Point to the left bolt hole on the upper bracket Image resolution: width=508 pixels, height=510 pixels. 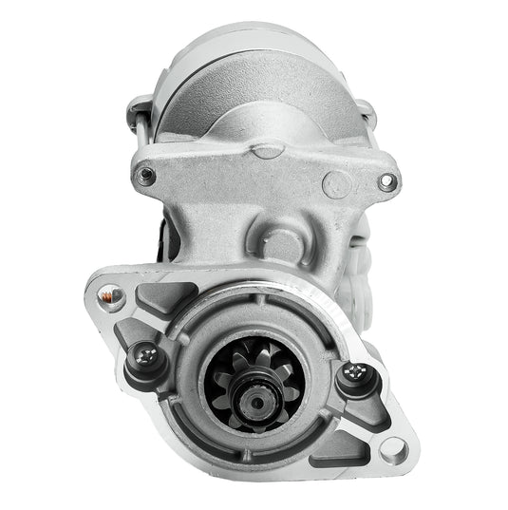point(146,175)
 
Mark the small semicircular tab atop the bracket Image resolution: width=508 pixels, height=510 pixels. point(269,149)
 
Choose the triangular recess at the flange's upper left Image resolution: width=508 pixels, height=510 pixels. point(147,299)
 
